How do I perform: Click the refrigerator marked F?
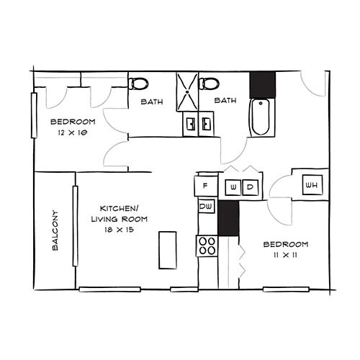(205, 186)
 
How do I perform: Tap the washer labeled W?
(233, 187)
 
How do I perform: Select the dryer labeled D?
(250, 187)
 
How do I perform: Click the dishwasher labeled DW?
(205, 207)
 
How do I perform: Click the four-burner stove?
(207, 246)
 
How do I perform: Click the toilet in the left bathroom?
(139, 84)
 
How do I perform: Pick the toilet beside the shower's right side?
(210, 84)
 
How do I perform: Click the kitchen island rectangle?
(167, 248)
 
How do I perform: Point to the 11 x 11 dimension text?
(285, 255)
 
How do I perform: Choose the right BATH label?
(225, 100)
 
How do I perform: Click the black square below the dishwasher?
(228, 219)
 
